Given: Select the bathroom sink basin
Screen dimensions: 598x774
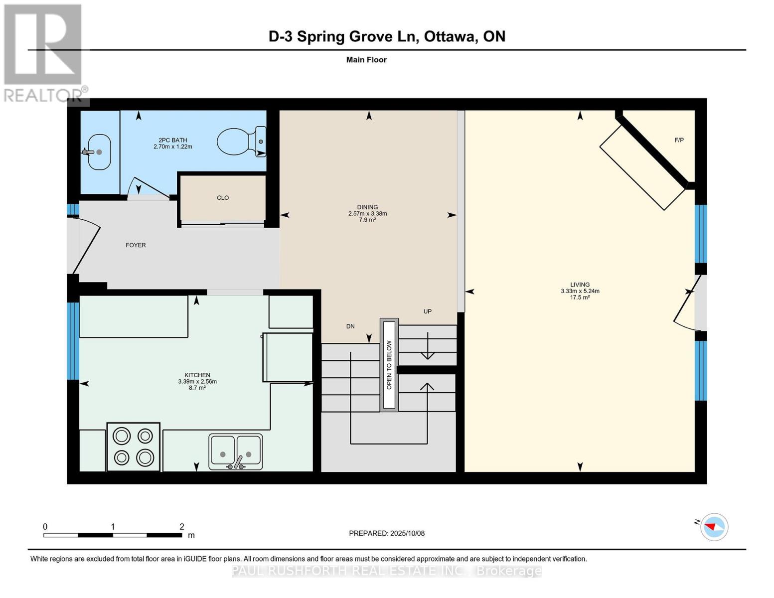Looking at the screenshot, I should tap(99, 151).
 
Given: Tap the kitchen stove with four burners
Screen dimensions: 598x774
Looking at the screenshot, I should tap(133, 447).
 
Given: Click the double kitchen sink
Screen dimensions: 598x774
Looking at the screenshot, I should tap(235, 452).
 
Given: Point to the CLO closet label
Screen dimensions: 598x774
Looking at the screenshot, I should tap(223, 198).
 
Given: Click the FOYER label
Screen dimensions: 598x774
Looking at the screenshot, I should tap(136, 245).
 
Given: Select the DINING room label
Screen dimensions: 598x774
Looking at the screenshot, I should tap(367, 207).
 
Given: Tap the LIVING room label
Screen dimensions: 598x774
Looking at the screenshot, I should tap(580, 285).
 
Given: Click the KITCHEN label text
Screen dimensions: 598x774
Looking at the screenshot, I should tap(197, 375).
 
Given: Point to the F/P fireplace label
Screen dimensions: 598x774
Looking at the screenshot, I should tap(679, 140).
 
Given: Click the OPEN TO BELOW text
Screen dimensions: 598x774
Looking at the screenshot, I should tap(389, 365).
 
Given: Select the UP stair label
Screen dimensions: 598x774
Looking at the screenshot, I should tap(427, 311).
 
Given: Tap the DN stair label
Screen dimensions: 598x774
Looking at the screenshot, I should tap(350, 326).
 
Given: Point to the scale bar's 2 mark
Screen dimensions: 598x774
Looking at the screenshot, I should tap(182, 527).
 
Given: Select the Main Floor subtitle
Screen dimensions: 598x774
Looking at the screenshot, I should tap(366, 60).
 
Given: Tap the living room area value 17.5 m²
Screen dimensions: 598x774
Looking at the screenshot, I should tap(580, 298).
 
